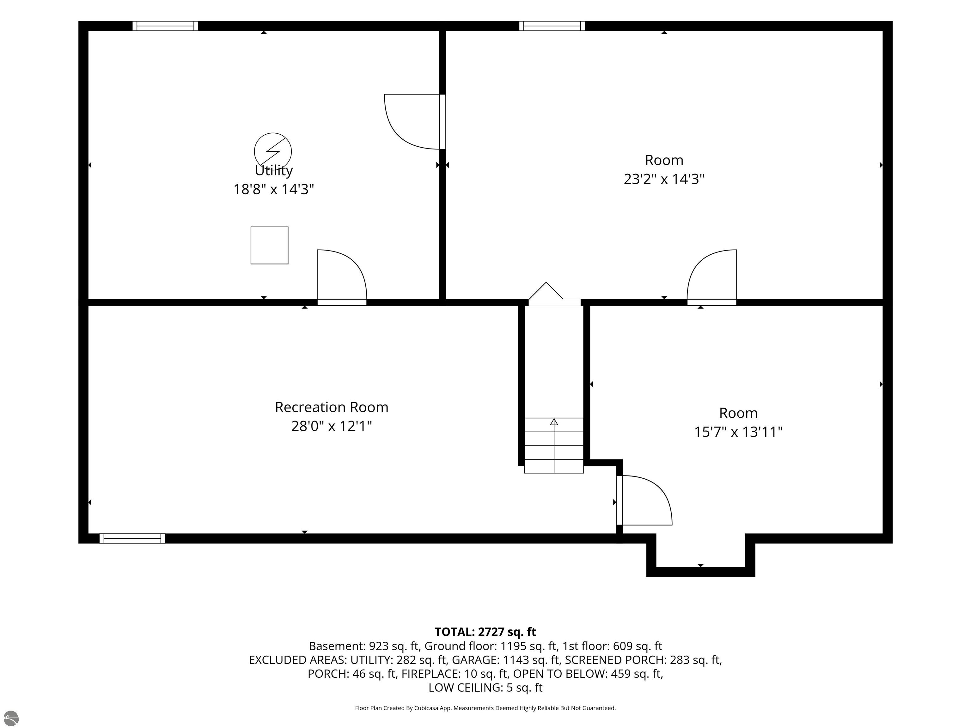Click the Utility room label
pyautogui.click(x=273, y=170)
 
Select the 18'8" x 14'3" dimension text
pyautogui.click(x=273, y=189)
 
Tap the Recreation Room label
pyautogui.click(x=332, y=407)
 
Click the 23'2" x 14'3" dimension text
pyautogui.click(x=664, y=179)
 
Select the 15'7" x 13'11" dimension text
pyautogui.click(x=738, y=432)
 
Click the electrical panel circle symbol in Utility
pyautogui.click(x=272, y=151)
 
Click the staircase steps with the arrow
pyautogui.click(x=554, y=446)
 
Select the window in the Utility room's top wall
pyautogui.click(x=165, y=26)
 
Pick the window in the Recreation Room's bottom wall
pyautogui.click(x=132, y=538)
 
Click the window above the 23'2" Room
pyautogui.click(x=552, y=26)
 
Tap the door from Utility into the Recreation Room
pyautogui.click(x=342, y=277)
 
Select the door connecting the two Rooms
pyautogui.click(x=711, y=277)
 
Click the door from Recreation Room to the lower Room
pyautogui.click(x=644, y=500)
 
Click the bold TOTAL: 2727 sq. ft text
pyautogui.click(x=485, y=632)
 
